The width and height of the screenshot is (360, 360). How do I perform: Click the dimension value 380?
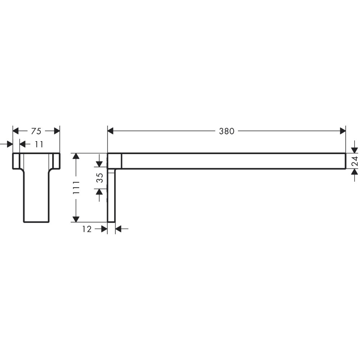pyautogui.click(x=227, y=131)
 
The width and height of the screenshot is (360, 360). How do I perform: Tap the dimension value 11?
pyautogui.click(x=39, y=144)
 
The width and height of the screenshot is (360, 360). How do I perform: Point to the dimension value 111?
pyautogui.click(x=76, y=188)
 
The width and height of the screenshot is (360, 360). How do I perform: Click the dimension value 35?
pyautogui.click(x=100, y=178)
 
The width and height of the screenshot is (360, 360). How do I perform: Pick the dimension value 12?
pyautogui.click(x=87, y=229)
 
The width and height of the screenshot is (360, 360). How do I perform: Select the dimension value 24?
pyautogui.click(x=355, y=161)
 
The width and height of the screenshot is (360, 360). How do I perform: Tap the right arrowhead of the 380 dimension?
pyautogui.click(x=342, y=131)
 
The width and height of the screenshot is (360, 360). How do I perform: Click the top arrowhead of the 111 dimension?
pyautogui.click(x=76, y=156)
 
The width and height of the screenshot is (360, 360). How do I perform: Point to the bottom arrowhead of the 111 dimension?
pyautogui.click(x=76, y=219)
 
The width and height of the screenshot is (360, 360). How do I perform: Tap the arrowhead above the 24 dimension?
pyautogui.click(x=355, y=149)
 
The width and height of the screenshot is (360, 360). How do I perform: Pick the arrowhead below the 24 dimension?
pyautogui.click(x=355, y=173)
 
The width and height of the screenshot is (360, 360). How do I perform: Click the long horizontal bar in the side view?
pyautogui.click(x=234, y=161)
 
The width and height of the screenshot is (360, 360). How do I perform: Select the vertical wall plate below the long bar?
pyautogui.click(x=111, y=196)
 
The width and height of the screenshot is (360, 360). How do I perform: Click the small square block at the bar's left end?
pyautogui.click(x=115, y=161)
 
